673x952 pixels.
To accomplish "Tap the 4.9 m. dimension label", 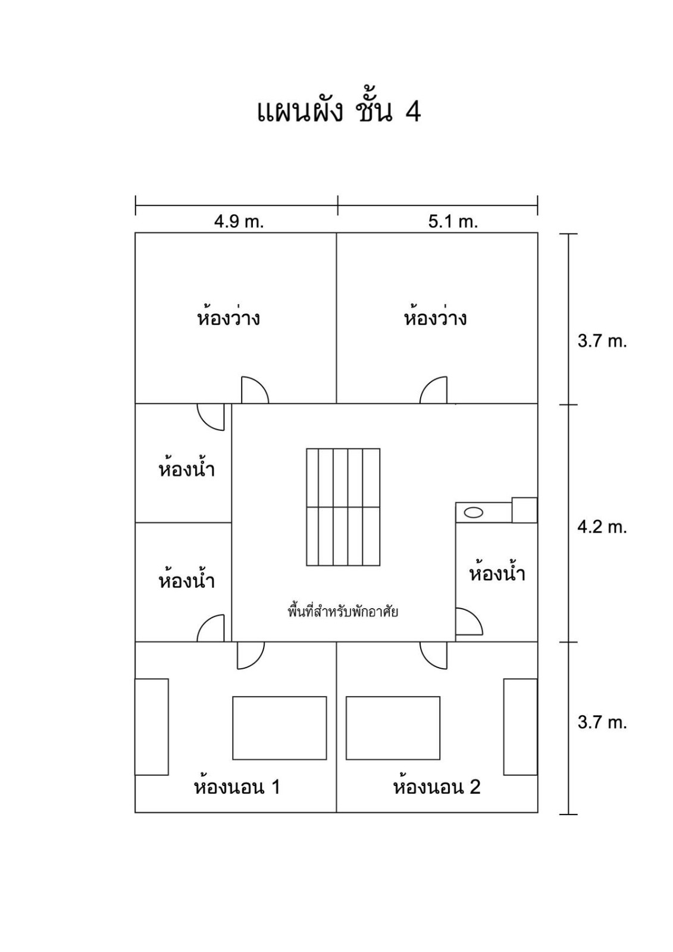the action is tap(239, 222).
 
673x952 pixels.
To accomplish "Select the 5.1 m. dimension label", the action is tap(453, 222).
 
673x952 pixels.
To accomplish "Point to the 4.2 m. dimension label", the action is tap(602, 527).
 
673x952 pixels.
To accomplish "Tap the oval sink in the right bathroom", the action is tap(473, 512).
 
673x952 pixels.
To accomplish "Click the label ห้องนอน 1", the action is tap(237, 786).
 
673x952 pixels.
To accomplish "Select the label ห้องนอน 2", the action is tap(437, 786).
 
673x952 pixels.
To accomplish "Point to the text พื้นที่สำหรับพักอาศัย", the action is tap(343, 612).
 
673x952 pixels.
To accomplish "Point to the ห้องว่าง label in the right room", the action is tap(435, 317).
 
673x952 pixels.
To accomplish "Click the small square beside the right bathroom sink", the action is tap(525, 510).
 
